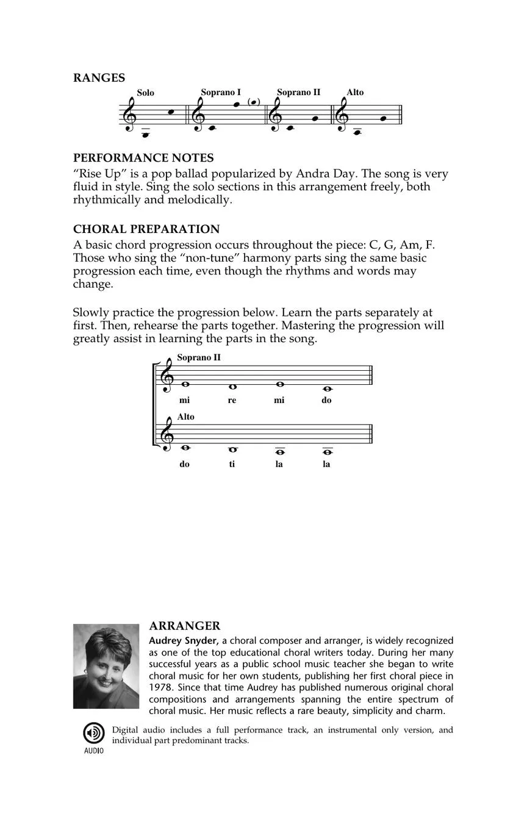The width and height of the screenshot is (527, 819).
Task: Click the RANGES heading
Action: point(99,77)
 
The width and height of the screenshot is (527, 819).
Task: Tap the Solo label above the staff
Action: point(145,93)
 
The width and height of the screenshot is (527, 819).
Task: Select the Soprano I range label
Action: point(221,92)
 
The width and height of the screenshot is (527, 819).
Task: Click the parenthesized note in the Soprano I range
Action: point(254,102)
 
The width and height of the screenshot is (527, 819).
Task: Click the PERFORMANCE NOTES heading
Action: point(143,158)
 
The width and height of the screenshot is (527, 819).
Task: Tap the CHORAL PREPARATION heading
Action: point(146,229)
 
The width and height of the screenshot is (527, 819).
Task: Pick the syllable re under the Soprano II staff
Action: point(232,401)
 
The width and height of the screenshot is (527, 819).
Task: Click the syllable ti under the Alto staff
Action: point(232,464)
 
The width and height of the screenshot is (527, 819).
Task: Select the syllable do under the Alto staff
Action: point(184,464)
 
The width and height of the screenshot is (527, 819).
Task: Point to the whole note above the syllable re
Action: point(232,387)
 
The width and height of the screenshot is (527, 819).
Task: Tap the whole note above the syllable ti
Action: point(232,449)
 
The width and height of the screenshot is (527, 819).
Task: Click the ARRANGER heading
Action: point(184,626)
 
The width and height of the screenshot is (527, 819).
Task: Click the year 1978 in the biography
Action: point(160,687)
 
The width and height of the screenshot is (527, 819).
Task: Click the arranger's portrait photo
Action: point(106,666)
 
